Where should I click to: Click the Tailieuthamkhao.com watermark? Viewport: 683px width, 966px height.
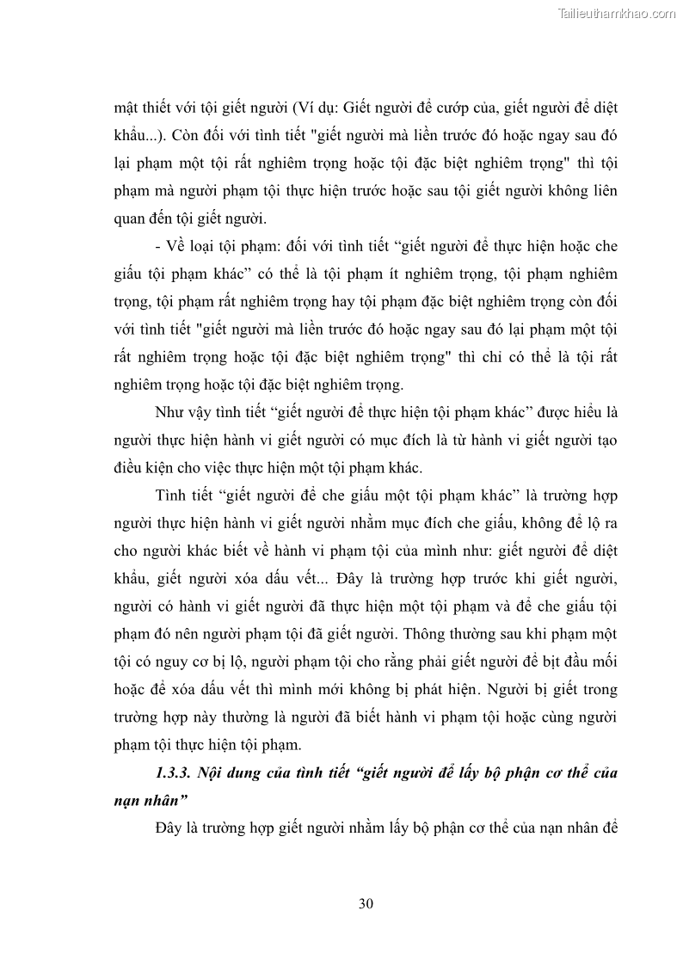[x=617, y=13]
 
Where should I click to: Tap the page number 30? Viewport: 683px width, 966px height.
[x=364, y=903]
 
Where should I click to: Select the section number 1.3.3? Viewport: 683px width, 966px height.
[x=175, y=772]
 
